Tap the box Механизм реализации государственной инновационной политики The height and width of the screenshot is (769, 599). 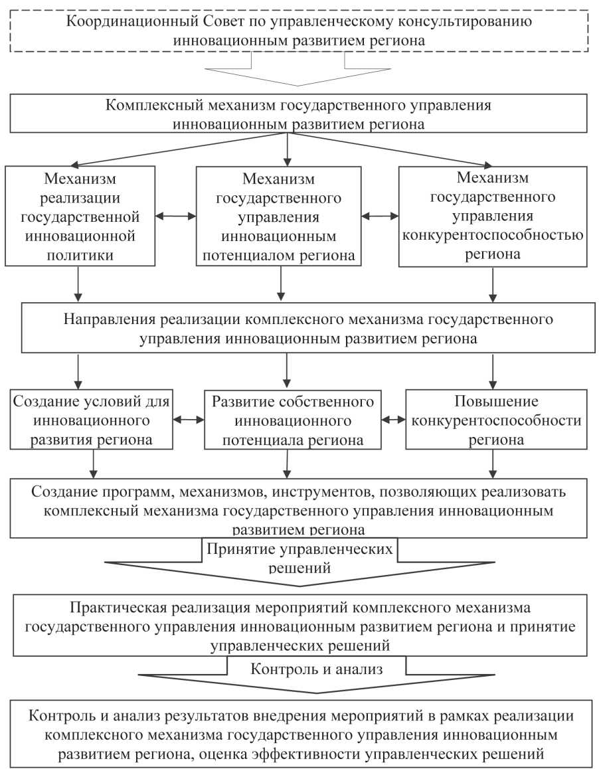pyautogui.click(x=80, y=216)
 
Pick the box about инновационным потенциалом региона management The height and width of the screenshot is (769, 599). pyautogui.click(x=282, y=216)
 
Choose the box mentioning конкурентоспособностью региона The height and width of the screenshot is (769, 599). pyautogui.click(x=493, y=216)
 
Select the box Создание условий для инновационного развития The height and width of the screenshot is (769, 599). pyautogui.click(x=90, y=421)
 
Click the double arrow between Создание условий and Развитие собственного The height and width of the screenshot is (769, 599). pyautogui.click(x=189, y=420)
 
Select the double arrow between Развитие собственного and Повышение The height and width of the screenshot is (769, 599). pyautogui.click(x=394, y=420)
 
